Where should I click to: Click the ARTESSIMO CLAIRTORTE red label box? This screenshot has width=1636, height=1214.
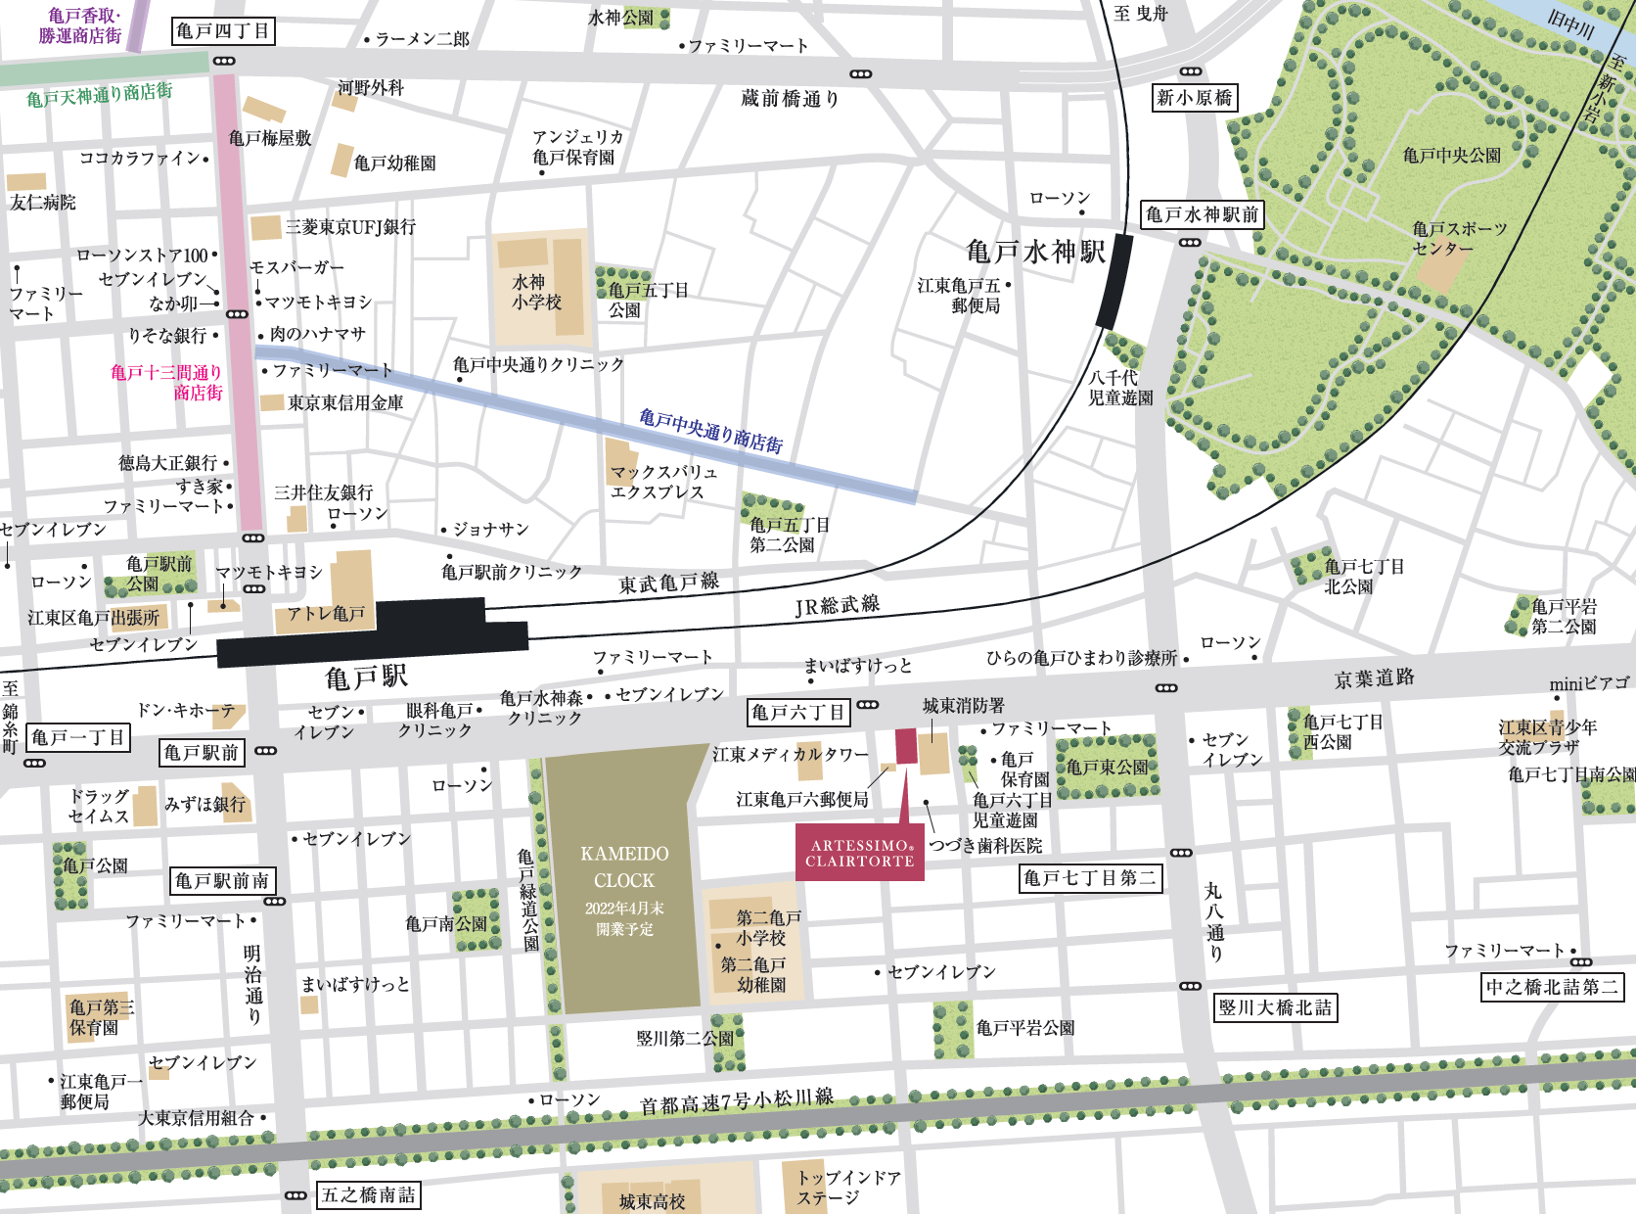pos(859,853)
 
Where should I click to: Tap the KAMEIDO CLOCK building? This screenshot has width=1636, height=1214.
pos(623,881)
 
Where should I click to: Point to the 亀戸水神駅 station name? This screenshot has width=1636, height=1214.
pos(1035,253)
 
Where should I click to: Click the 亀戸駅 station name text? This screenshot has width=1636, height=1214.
pos(367,677)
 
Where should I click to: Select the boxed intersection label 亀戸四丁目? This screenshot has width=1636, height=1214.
pos(223,31)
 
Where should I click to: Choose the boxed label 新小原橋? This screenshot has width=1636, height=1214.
pos(1194,98)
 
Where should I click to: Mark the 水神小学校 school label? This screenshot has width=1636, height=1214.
pos(536,293)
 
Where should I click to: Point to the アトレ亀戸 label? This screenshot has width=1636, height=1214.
pos(326,614)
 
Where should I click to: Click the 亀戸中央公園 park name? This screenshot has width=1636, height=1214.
pos(1451,156)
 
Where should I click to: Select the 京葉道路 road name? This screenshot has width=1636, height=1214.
pos(1374,678)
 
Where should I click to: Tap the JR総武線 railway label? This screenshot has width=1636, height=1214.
pos(837,606)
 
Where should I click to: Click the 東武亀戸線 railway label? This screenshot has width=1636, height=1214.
pos(668,584)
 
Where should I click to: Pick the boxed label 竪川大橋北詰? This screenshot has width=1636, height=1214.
pos(1275,1007)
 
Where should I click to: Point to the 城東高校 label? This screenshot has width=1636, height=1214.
pos(652,1201)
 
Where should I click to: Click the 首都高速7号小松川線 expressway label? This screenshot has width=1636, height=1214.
pos(736,1101)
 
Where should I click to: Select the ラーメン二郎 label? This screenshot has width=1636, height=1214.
pos(422,39)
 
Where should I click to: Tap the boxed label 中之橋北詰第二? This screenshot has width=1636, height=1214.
pos(1552,987)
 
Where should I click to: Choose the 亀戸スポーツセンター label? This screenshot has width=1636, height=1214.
pos(1458,238)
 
